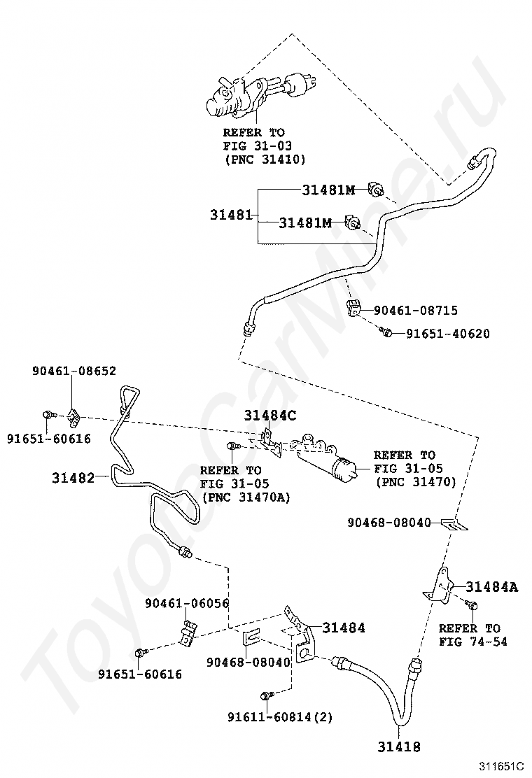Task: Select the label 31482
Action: pyautogui.click(x=73, y=478)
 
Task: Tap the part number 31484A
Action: pyautogui.click(x=492, y=587)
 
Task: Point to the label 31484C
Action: pyautogui.click(x=270, y=416)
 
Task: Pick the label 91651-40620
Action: pyautogui.click(x=448, y=334)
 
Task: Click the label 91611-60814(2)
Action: pyautogui.click(x=279, y=716)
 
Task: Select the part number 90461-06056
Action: pyautogui.click(x=187, y=603)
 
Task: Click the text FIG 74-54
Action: pyautogui.click(x=473, y=642)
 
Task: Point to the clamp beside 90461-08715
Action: pyautogui.click(x=353, y=308)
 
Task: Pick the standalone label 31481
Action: pyautogui.click(x=231, y=215)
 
